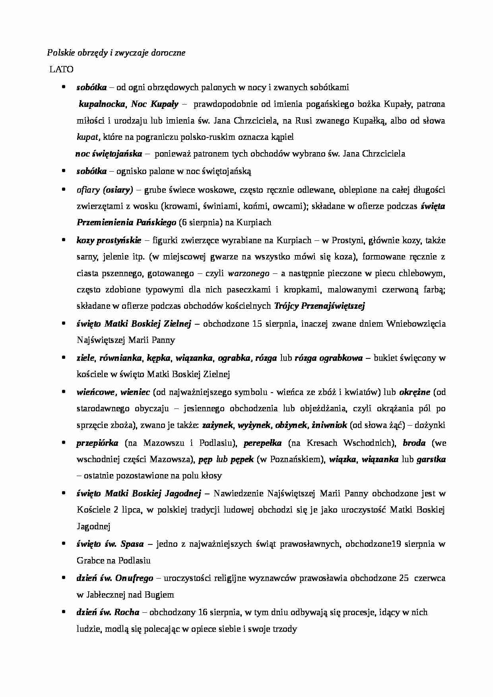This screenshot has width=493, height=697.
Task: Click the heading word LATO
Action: pos(61,70)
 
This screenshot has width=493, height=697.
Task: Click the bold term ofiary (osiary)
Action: pos(105,190)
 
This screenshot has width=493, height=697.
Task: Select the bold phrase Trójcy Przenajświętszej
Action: pos(320,306)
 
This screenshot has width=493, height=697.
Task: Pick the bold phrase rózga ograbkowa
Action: pos(328,358)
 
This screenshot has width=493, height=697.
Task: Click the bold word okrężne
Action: pos(414,392)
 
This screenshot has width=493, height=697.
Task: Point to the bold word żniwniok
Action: pos(329,425)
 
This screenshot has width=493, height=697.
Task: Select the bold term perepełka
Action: pos(262,443)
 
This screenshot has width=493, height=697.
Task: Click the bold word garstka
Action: pos(431,459)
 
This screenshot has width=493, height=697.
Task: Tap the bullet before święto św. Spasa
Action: pos(63,543)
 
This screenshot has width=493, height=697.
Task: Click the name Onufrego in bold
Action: pos(134,578)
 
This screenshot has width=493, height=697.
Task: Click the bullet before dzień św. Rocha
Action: pos(63,612)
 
